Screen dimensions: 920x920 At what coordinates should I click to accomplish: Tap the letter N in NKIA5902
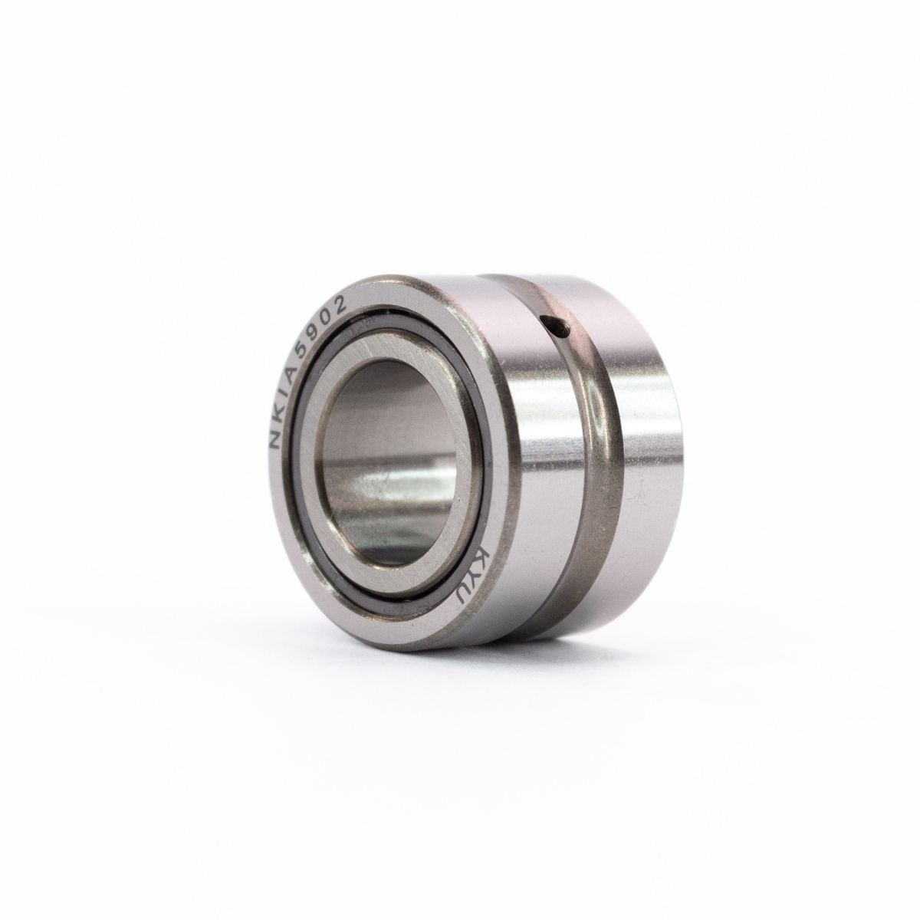click(x=274, y=439)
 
